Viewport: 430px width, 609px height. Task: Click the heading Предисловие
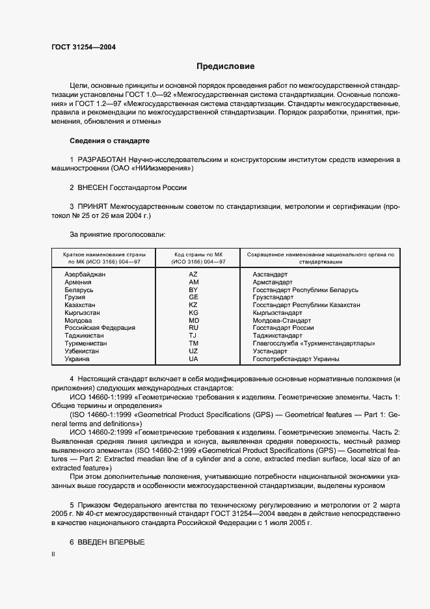226,66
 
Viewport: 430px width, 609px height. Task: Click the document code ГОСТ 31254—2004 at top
79,47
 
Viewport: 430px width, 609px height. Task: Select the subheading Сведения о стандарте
109,141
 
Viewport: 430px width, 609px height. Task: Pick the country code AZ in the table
193,275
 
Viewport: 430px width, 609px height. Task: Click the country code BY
193,290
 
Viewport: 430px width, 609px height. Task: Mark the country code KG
193,313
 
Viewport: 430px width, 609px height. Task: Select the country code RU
193,328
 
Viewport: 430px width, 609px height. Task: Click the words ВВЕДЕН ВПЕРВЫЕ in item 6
111,543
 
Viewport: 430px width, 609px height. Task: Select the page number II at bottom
53,554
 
